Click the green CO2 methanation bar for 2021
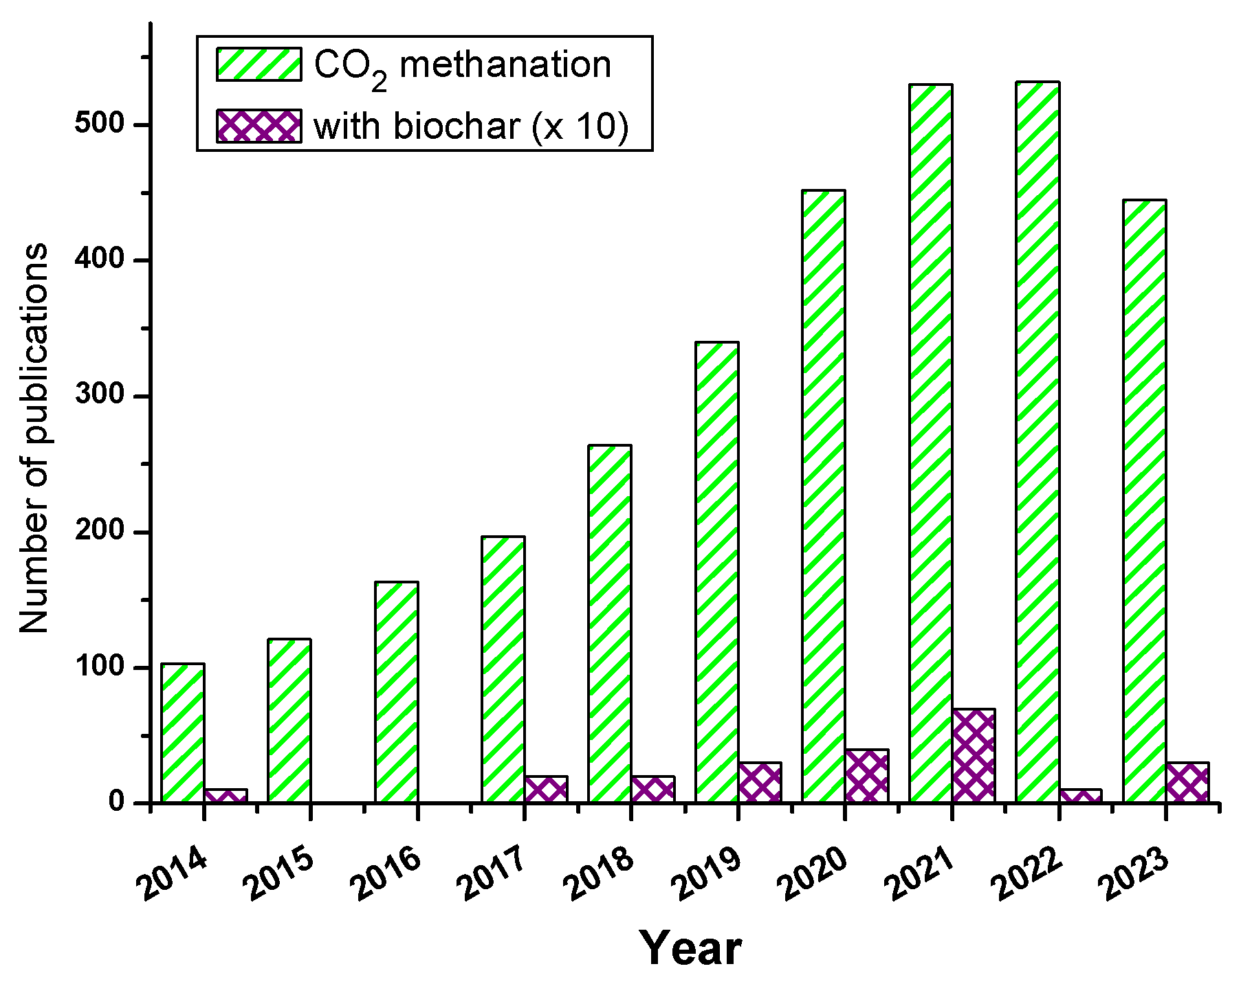(930, 443)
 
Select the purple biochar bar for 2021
(974, 755)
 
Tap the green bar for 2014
(182, 733)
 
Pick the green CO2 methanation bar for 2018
(610, 623)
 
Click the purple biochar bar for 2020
(866, 776)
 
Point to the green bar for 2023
(1144, 501)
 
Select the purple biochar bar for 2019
(760, 782)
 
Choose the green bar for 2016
(396, 692)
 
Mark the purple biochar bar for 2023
(1187, 782)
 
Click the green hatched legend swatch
(259, 65)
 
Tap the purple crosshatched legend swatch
(259, 126)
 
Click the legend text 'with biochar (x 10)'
(471, 126)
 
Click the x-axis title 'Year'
(690, 949)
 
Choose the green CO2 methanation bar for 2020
(824, 496)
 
